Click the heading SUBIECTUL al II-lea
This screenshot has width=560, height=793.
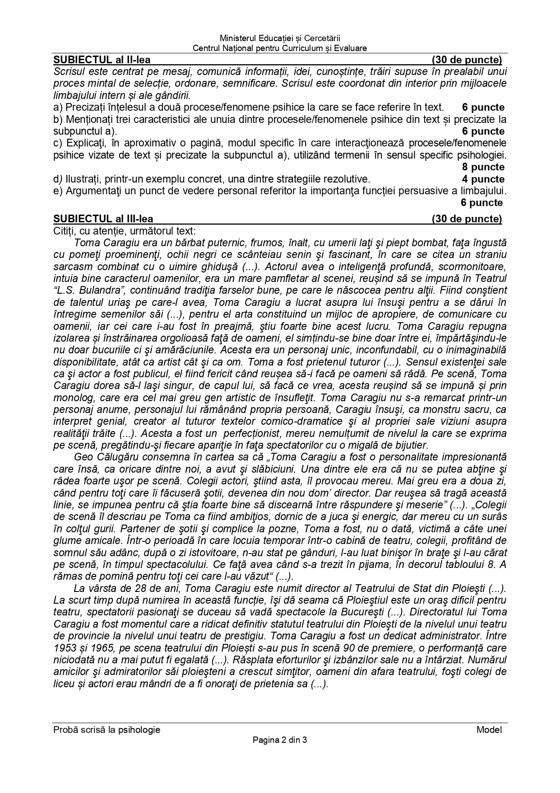tap(102, 60)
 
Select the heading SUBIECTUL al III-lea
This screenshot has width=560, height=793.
tap(103, 219)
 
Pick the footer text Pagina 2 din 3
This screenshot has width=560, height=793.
tap(280, 740)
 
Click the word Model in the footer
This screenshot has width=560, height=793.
tap(489, 730)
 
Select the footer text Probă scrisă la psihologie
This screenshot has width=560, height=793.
tap(106, 730)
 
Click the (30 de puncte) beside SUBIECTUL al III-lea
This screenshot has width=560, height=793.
tap(467, 219)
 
